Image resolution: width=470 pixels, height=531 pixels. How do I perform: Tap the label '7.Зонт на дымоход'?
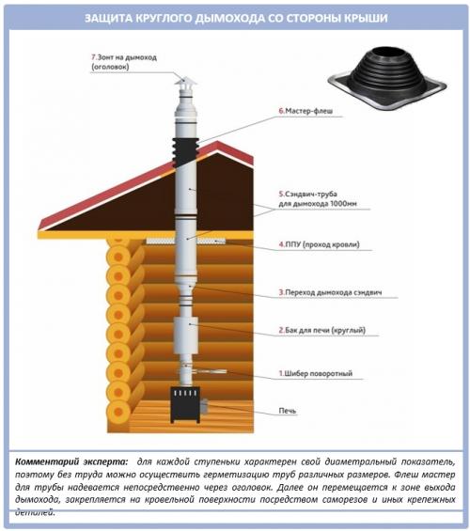pyautogui.click(x=124, y=57)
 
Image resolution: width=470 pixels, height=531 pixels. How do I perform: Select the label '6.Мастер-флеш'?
pyautogui.click(x=305, y=111)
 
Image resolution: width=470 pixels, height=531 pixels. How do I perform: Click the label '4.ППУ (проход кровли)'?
pyautogui.click(x=319, y=244)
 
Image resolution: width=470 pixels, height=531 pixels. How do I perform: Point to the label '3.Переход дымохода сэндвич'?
pyautogui.click(x=331, y=292)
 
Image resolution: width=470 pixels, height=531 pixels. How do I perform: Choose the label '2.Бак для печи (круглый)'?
pyautogui.click(x=322, y=330)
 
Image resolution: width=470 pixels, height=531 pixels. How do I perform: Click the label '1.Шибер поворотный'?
pyautogui.click(x=316, y=373)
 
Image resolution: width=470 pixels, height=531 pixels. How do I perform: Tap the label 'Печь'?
pyautogui.click(x=288, y=411)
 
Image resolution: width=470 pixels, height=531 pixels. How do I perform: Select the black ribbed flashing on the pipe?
pyautogui.click(x=185, y=152)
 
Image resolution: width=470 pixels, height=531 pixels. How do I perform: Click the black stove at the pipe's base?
pyautogui.click(x=185, y=405)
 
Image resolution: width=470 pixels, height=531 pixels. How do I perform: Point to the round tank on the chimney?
pyautogui.click(x=185, y=336)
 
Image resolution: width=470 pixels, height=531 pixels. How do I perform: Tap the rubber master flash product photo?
pyautogui.click(x=387, y=80)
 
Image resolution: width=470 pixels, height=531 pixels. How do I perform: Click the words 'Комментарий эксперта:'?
pyautogui.click(x=71, y=461)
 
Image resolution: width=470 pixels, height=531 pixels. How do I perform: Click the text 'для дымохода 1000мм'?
pyautogui.click(x=318, y=204)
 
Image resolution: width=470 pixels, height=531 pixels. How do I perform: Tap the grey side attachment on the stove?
pyautogui.click(x=204, y=406)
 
